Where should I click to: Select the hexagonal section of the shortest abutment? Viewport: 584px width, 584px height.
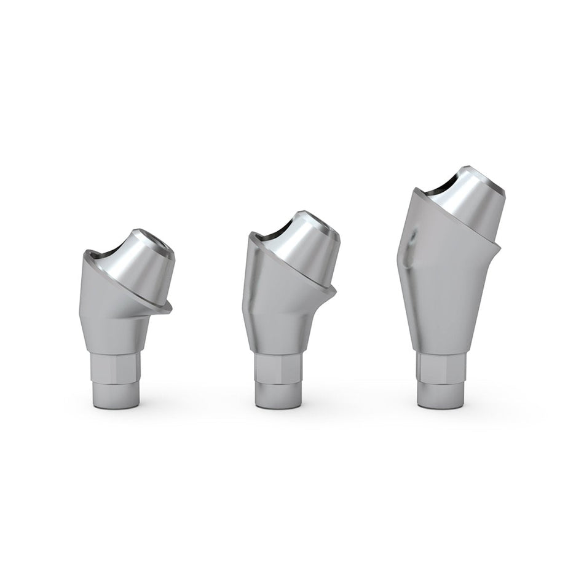pyautogui.click(x=117, y=368)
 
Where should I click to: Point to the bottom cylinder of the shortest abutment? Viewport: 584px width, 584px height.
pyautogui.click(x=117, y=395)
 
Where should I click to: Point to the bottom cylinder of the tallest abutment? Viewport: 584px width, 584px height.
pyautogui.click(x=441, y=395)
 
